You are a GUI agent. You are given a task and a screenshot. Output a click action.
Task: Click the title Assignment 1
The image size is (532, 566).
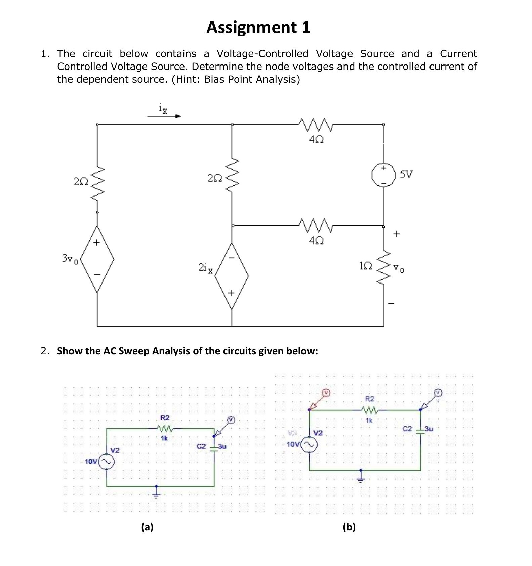click(x=258, y=27)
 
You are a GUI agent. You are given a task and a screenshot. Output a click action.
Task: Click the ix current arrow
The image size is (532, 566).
click(x=164, y=116)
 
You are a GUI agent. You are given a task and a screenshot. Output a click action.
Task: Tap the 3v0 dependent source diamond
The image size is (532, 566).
click(x=97, y=259)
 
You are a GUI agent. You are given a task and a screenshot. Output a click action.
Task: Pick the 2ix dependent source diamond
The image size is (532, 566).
click(x=232, y=276)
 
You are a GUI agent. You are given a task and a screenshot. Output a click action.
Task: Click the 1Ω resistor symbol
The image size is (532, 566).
click(x=384, y=267)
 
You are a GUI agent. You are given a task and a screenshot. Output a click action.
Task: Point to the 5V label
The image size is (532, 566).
click(x=406, y=174)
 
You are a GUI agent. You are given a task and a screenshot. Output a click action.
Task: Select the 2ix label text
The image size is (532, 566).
click(x=206, y=268)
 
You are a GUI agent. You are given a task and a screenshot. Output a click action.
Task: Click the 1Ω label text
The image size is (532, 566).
click(x=365, y=266)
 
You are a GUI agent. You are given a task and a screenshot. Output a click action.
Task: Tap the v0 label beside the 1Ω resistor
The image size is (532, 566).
click(x=399, y=269)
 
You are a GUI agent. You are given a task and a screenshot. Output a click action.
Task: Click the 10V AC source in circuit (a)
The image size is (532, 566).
click(x=107, y=462)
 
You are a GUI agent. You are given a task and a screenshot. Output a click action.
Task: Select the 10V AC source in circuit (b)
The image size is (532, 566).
click(x=310, y=445)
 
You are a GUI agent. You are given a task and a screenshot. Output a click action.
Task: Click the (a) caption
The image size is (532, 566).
click(x=147, y=527)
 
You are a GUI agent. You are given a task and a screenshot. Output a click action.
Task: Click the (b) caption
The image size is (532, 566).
click(x=349, y=527)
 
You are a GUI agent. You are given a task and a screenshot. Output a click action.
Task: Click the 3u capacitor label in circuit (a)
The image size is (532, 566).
click(x=222, y=446)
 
